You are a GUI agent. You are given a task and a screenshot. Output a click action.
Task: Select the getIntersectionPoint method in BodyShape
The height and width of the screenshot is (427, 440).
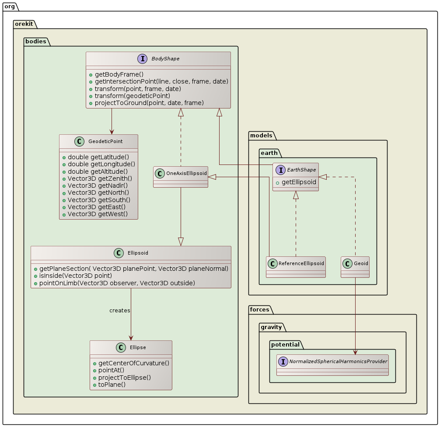click(x=161, y=81)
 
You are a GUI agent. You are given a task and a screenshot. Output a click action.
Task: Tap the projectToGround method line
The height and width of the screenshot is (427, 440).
click(x=149, y=103)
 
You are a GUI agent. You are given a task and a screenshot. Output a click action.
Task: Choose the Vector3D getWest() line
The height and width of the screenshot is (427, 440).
click(x=98, y=213)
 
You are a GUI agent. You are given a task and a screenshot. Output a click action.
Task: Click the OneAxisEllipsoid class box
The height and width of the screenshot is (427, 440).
click(x=181, y=177)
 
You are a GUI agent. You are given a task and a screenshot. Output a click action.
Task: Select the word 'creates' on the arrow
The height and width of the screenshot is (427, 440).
click(x=119, y=310)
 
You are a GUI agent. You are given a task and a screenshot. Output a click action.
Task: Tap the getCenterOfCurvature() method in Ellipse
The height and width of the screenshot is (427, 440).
click(x=133, y=363)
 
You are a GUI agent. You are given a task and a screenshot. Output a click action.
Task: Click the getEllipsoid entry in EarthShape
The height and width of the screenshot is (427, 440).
click(x=299, y=182)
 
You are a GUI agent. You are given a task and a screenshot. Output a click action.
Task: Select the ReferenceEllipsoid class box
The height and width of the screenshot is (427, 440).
click(x=296, y=267)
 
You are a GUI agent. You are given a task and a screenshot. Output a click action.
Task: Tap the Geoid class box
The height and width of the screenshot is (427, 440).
click(x=355, y=267)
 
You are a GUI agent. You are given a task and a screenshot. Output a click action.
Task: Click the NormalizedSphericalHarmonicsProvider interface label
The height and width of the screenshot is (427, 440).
click(x=338, y=361)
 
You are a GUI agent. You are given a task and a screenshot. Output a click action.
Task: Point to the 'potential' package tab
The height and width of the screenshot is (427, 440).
click(x=285, y=344)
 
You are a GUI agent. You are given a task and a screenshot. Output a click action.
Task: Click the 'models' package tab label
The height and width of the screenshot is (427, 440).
click(x=262, y=135)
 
